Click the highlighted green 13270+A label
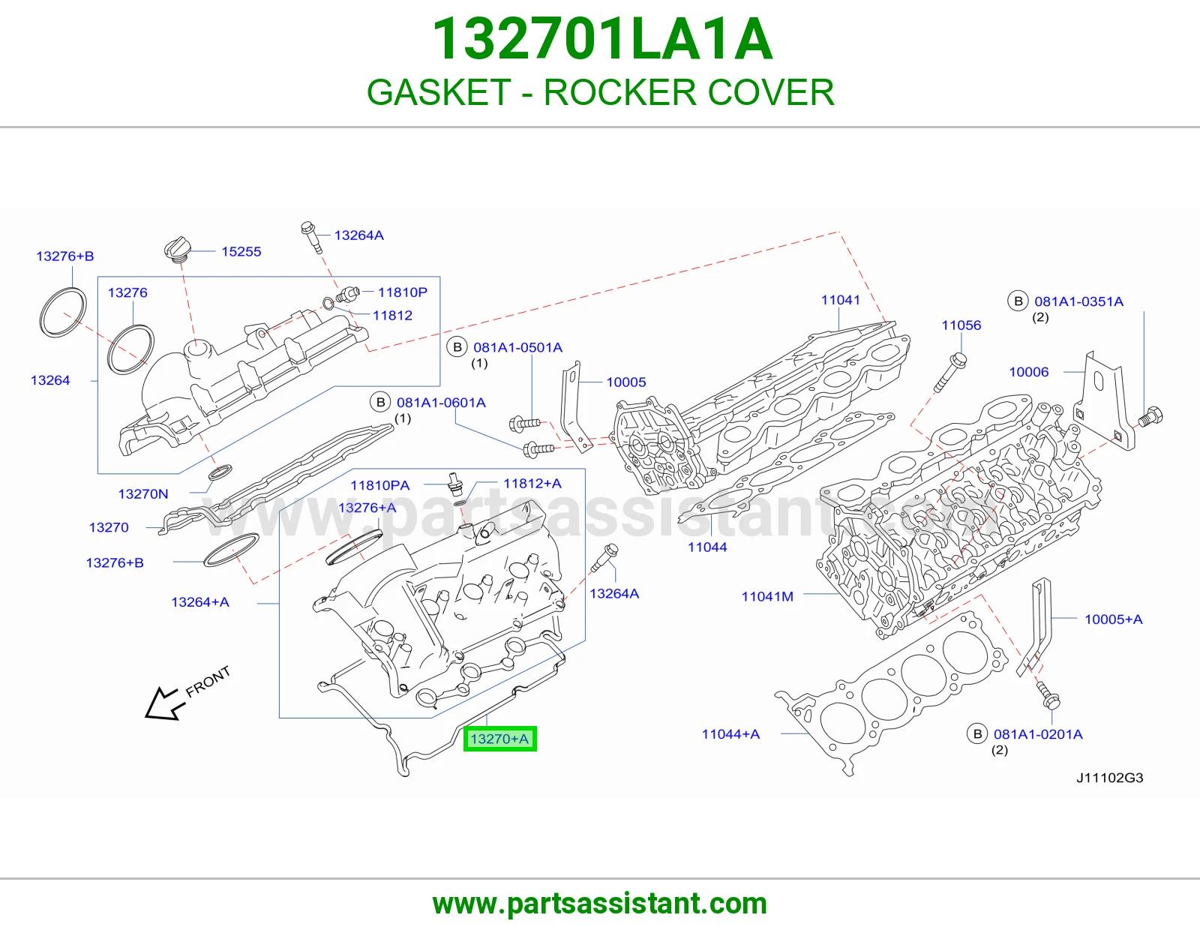click(x=499, y=738)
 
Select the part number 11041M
click(x=767, y=596)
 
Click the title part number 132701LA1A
click(x=602, y=39)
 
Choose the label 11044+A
click(x=730, y=734)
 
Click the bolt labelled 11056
click(x=949, y=373)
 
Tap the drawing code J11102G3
click(x=1109, y=778)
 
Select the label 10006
click(x=1029, y=372)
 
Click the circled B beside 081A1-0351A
click(x=1018, y=301)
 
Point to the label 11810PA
click(x=380, y=485)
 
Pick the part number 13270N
click(x=143, y=493)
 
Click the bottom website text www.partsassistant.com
click(x=600, y=904)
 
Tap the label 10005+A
click(x=1113, y=619)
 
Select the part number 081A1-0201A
click(x=1038, y=734)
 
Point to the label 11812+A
click(x=532, y=483)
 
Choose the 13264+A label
click(x=200, y=602)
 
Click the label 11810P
click(x=403, y=292)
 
